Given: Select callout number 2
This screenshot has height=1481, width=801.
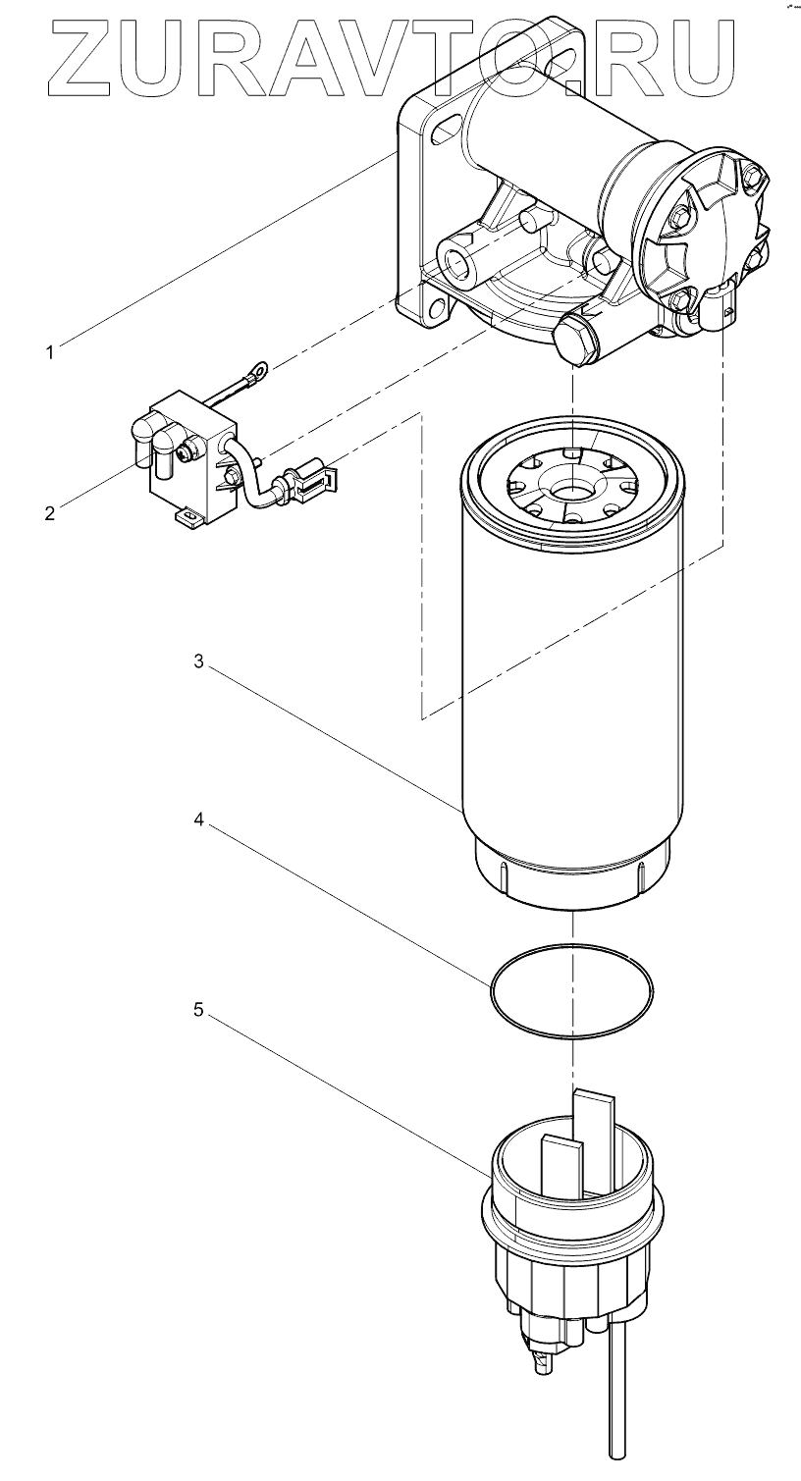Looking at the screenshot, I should (49, 511).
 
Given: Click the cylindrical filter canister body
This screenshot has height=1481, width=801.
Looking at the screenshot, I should (569, 687).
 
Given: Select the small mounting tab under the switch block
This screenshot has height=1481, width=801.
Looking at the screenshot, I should (185, 513).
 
